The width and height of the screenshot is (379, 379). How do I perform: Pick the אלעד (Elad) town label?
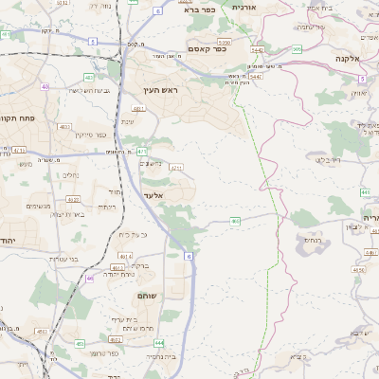153,195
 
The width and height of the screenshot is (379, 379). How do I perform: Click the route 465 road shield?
235,221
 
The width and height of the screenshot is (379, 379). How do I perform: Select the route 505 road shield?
297,49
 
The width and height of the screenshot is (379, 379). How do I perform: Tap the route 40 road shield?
45,86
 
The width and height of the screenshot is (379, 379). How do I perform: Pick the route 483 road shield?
88,77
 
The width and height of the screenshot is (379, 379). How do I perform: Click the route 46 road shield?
89,279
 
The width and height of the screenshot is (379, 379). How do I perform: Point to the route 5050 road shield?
224,42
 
